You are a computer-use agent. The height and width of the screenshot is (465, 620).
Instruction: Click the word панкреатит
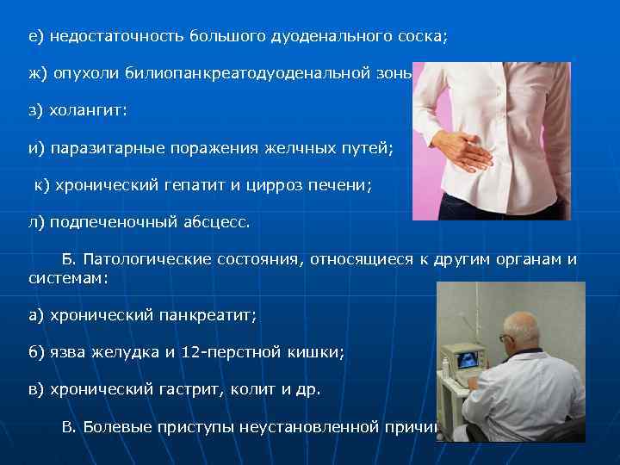click(x=207, y=316)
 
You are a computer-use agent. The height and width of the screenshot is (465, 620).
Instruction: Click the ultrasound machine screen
click(x=468, y=359)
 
